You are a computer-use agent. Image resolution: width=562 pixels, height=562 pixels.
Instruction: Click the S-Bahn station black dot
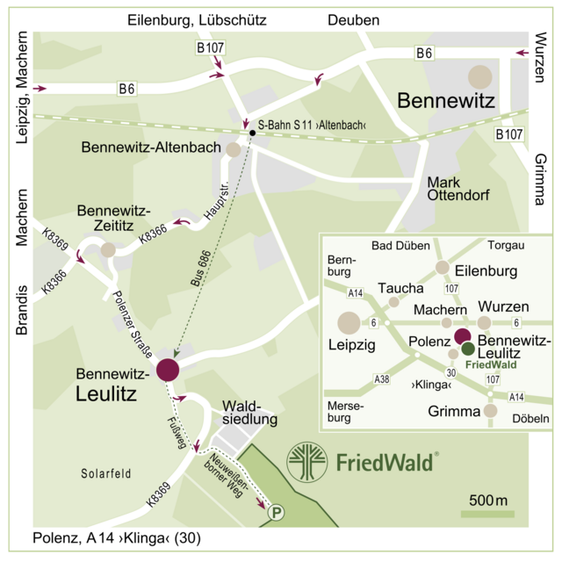pos(252,133)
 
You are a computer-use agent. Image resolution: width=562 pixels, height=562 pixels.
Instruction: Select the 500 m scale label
pos(489,501)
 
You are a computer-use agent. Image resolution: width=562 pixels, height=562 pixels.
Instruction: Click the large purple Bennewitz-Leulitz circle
pos(167,370)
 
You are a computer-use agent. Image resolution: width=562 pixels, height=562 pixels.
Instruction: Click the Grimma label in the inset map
pos(455,411)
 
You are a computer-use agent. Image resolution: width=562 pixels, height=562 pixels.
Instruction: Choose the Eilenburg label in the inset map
pos(487,270)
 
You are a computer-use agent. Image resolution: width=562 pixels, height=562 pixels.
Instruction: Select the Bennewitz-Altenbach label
pos(150,148)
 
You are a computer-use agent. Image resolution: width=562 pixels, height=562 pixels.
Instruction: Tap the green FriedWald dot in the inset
pos(468,349)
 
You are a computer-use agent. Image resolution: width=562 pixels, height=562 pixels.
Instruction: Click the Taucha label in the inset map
pos(400,288)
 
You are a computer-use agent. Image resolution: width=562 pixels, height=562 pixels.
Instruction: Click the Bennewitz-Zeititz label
pos(114,220)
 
